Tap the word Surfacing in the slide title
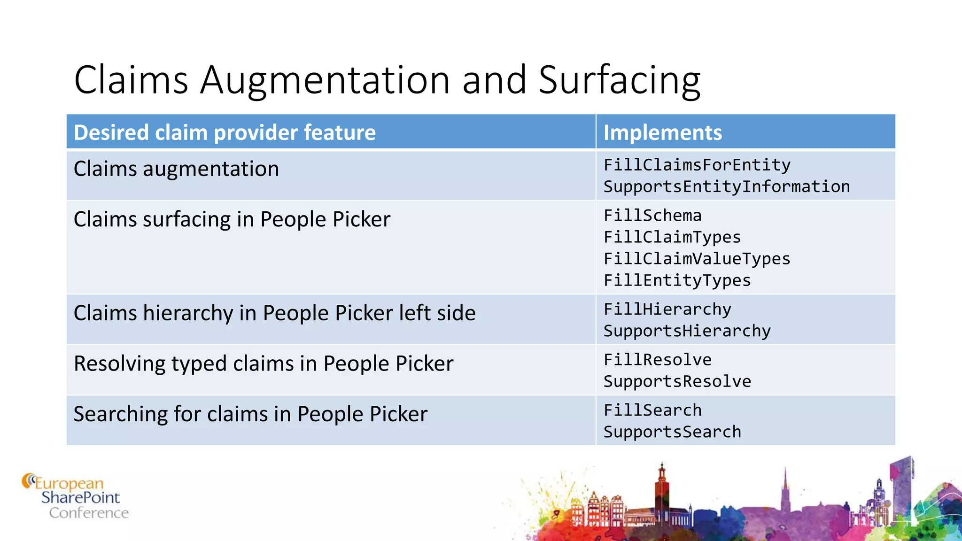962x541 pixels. pyautogui.click(x=619, y=80)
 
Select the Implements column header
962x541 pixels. pyautogui.click(x=662, y=132)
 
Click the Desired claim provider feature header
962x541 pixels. pyautogui.click(x=225, y=132)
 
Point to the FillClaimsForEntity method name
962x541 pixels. pyautogui.click(x=697, y=165)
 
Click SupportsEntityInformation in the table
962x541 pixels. pyautogui.click(x=727, y=186)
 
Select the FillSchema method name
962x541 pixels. pyautogui.click(x=652, y=216)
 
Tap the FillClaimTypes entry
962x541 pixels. pyautogui.click(x=672, y=237)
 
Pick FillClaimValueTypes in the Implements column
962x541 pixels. pyautogui.click(x=697, y=259)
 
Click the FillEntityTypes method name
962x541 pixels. pyautogui.click(x=677, y=280)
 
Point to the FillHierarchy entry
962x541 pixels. pyautogui.click(x=667, y=309)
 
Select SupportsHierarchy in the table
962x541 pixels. pyautogui.click(x=687, y=331)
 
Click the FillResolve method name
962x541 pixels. pyautogui.click(x=658, y=360)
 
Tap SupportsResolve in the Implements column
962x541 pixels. pyautogui.click(x=677, y=381)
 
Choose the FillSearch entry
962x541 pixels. pyautogui.click(x=652, y=410)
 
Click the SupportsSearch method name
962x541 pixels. pyautogui.click(x=672, y=432)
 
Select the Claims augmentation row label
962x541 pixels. pyautogui.click(x=176, y=169)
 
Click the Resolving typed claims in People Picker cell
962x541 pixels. pyautogui.click(x=264, y=363)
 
